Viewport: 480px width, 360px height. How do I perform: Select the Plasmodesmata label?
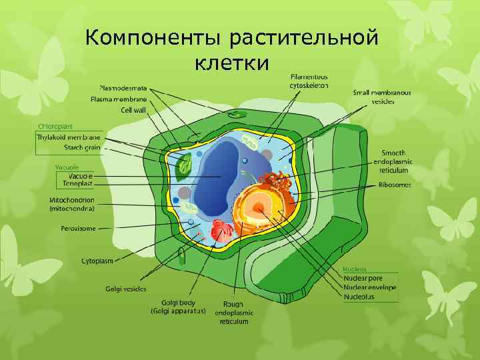click(x=123, y=88)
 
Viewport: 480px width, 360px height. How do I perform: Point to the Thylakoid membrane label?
click(x=69, y=137)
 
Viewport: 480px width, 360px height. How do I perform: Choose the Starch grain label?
click(x=82, y=147)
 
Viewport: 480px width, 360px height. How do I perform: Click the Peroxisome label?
click(x=74, y=227)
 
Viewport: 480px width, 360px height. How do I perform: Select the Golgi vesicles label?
click(x=126, y=289)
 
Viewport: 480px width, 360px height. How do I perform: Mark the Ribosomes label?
click(x=394, y=185)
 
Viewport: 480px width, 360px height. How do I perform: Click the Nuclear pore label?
click(x=364, y=278)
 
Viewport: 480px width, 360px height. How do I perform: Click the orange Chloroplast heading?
click(x=55, y=126)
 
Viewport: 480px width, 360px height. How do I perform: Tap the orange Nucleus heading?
click(x=354, y=269)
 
